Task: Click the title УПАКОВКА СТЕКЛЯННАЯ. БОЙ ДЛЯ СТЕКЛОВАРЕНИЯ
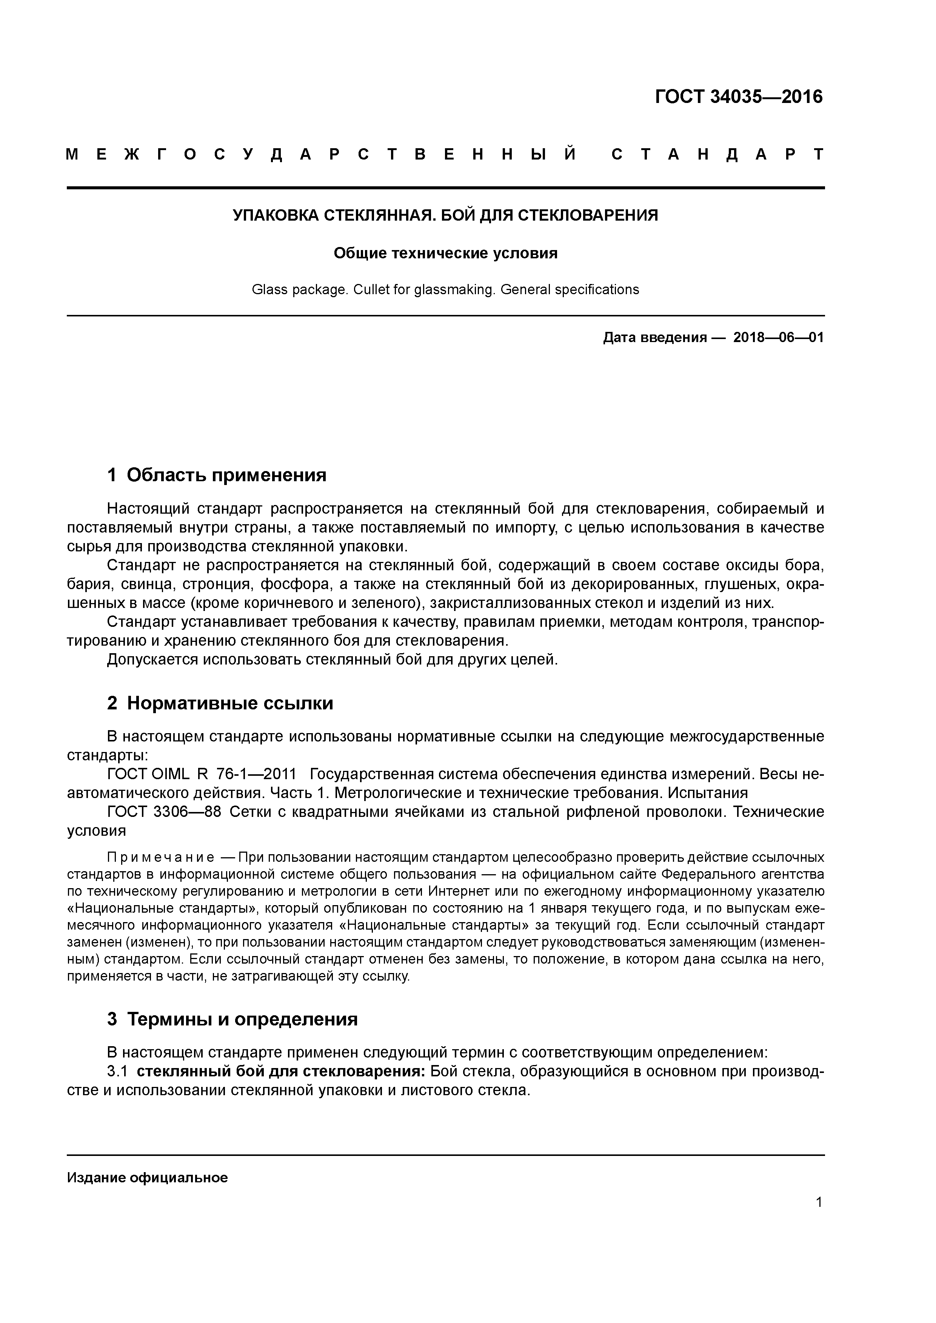click(445, 215)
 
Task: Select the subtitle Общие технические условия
click(445, 253)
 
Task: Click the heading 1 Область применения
click(217, 475)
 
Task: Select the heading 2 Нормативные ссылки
click(220, 703)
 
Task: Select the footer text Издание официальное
click(148, 1178)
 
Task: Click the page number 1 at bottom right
click(819, 1214)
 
